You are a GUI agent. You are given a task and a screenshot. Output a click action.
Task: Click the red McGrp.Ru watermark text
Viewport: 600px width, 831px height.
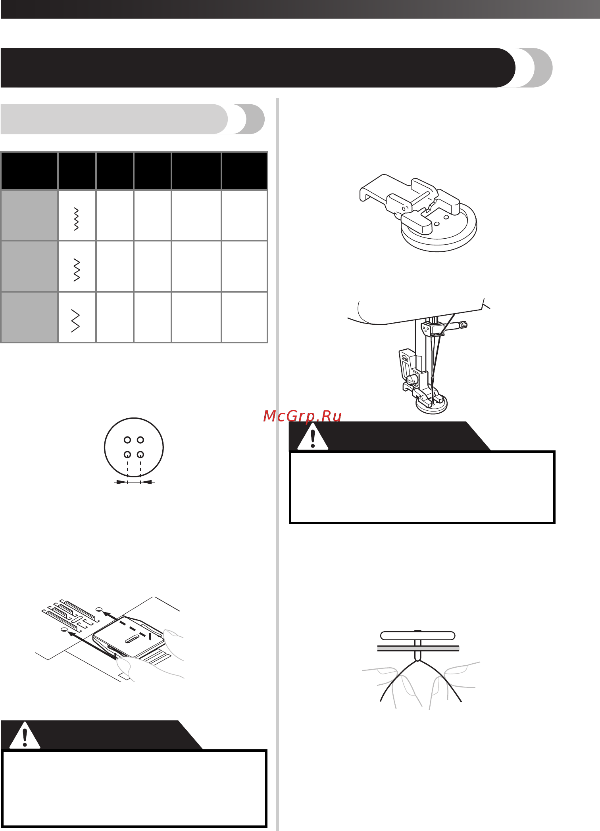click(302, 416)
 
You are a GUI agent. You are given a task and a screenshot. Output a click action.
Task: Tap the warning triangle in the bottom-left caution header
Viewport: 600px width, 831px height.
click(25, 735)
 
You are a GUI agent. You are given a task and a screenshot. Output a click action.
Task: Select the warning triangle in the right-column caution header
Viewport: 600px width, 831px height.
click(313, 436)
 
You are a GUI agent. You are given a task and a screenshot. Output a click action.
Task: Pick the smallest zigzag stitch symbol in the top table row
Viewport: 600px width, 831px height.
click(76, 219)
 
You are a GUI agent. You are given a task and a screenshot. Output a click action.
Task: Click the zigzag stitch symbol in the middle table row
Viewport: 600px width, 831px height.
click(77, 270)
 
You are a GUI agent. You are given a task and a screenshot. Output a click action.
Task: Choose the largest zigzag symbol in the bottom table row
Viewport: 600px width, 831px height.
click(75, 321)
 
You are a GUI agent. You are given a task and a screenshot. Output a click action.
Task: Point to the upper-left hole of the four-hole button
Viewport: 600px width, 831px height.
click(127, 440)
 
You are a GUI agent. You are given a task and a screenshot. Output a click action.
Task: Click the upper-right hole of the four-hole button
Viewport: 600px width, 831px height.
click(140, 440)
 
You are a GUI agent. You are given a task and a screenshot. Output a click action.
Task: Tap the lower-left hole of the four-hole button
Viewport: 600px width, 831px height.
click(127, 454)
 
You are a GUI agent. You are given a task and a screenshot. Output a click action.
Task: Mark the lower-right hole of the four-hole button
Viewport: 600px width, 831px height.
click(140, 454)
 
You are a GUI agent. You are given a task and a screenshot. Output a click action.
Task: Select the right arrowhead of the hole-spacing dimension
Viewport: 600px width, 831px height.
click(147, 482)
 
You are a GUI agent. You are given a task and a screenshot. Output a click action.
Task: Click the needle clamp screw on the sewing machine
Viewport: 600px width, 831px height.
click(462, 325)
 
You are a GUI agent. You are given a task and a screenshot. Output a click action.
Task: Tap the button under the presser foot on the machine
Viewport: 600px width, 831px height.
click(431, 405)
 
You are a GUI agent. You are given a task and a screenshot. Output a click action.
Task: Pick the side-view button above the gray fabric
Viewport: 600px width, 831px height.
click(417, 636)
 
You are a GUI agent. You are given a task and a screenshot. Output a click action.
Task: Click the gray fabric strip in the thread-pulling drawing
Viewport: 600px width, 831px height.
click(418, 649)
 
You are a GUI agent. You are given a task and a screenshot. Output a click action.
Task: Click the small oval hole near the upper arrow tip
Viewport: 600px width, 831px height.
click(100, 609)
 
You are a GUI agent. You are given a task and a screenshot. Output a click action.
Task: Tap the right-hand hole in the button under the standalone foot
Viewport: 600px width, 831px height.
click(446, 218)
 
